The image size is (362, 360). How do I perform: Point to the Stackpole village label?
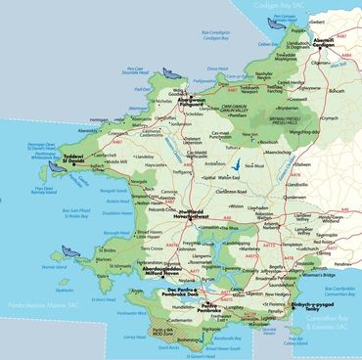tap(212, 330)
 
